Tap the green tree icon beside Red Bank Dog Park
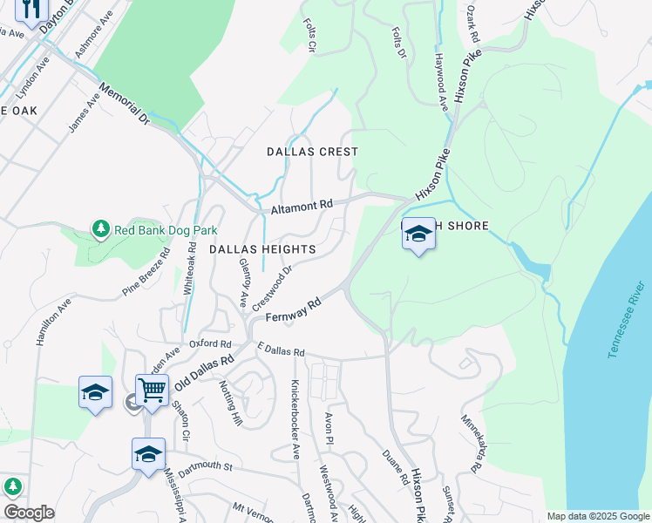pos(101,229)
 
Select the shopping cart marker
pos(152,390)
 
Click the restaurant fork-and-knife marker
pos(31,10)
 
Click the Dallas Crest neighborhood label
pos(312,152)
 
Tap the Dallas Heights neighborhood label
pos(262,249)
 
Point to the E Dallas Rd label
pos(280,352)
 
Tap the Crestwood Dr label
pos(271,289)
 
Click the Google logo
pos(28,513)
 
